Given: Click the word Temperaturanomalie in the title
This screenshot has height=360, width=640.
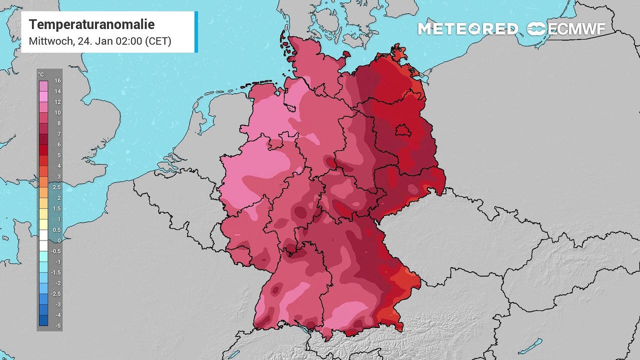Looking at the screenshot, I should [x=91, y=24].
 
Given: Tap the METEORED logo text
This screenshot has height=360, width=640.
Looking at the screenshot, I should [x=467, y=29].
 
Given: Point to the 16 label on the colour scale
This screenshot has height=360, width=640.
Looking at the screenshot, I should [x=57, y=80].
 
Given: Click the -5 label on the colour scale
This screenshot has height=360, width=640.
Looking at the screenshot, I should [x=57, y=326].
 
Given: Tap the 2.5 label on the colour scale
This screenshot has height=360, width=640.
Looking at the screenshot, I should [x=57, y=187].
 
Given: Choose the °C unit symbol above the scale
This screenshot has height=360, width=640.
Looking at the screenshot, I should [x=41, y=74].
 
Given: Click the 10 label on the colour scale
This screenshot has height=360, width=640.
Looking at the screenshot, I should [x=57, y=112].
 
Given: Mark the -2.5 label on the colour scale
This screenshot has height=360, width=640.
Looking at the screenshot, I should [x=57, y=294].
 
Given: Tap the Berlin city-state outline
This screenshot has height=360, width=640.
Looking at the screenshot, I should [x=401, y=131].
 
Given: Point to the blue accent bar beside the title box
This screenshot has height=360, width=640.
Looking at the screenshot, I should [x=196, y=31].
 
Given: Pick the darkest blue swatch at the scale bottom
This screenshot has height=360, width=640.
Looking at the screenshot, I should [x=43, y=320].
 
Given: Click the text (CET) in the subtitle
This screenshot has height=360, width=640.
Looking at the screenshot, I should [x=158, y=41].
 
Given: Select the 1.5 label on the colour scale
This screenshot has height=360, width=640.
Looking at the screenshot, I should [x=57, y=208].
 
